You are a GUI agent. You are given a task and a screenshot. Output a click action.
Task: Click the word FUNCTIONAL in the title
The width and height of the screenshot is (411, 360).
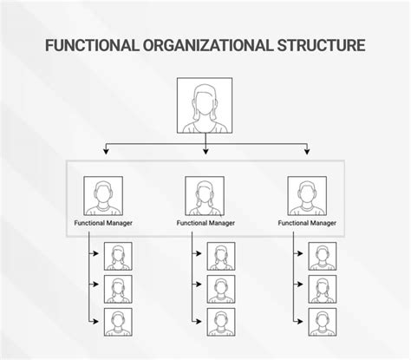click(92, 45)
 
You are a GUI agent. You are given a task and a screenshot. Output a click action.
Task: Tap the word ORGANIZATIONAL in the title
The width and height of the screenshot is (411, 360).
click(208, 45)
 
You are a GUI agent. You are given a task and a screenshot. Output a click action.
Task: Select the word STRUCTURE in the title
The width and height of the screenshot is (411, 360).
click(321, 45)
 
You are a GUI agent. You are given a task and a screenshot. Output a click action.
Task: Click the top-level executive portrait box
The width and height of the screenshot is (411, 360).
click(205, 105)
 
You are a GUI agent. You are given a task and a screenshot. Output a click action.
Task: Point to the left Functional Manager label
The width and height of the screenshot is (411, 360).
click(103, 223)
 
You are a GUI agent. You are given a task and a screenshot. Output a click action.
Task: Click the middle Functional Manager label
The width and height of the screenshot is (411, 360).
click(205, 223)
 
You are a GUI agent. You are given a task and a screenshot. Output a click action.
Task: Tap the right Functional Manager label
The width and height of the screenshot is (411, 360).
click(307, 223)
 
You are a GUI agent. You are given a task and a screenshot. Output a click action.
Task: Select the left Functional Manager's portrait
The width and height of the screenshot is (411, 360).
click(103, 196)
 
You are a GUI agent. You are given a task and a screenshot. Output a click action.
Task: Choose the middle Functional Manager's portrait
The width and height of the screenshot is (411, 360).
click(205, 196)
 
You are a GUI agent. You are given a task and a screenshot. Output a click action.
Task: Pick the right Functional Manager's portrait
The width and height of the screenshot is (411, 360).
click(307, 196)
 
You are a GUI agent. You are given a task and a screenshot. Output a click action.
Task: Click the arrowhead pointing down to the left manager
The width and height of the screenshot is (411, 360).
click(106, 151)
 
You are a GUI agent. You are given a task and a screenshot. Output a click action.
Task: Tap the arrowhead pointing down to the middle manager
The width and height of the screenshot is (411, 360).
click(205, 151)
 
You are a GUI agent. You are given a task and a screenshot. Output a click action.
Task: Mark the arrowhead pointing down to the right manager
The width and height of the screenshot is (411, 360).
click(307, 151)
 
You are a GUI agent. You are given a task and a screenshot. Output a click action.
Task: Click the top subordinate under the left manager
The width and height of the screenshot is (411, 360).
click(118, 256)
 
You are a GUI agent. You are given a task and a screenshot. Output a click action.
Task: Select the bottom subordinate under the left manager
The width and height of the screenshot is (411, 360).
click(118, 322)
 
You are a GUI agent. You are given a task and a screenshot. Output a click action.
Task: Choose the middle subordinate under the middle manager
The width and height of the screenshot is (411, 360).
click(221, 289)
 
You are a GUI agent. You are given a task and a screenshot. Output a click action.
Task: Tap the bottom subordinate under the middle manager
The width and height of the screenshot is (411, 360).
click(221, 322)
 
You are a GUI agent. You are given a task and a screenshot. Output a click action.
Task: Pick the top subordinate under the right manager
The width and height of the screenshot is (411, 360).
click(323, 256)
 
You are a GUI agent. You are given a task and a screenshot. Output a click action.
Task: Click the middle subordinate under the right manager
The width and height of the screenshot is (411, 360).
click(323, 289)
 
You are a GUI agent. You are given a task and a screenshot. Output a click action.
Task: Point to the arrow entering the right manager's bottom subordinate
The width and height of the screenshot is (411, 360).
click(298, 322)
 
